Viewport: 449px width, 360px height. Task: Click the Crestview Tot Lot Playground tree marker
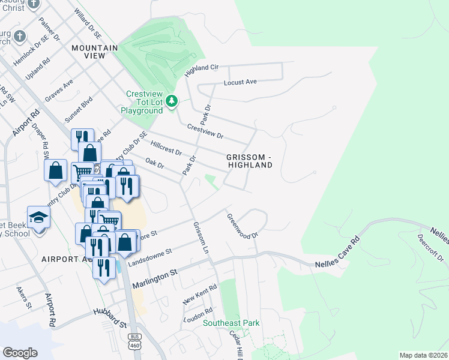click(x=172, y=101)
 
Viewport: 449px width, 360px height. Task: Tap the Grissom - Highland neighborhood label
click(x=250, y=161)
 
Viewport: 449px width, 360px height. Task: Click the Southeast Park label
click(x=231, y=323)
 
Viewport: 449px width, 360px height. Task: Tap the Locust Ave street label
click(x=240, y=82)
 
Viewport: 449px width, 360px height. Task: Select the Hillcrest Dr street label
click(x=166, y=148)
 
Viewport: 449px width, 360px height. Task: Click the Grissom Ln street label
click(x=200, y=237)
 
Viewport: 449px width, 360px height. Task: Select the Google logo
click(x=20, y=352)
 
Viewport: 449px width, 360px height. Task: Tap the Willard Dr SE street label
click(x=85, y=22)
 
